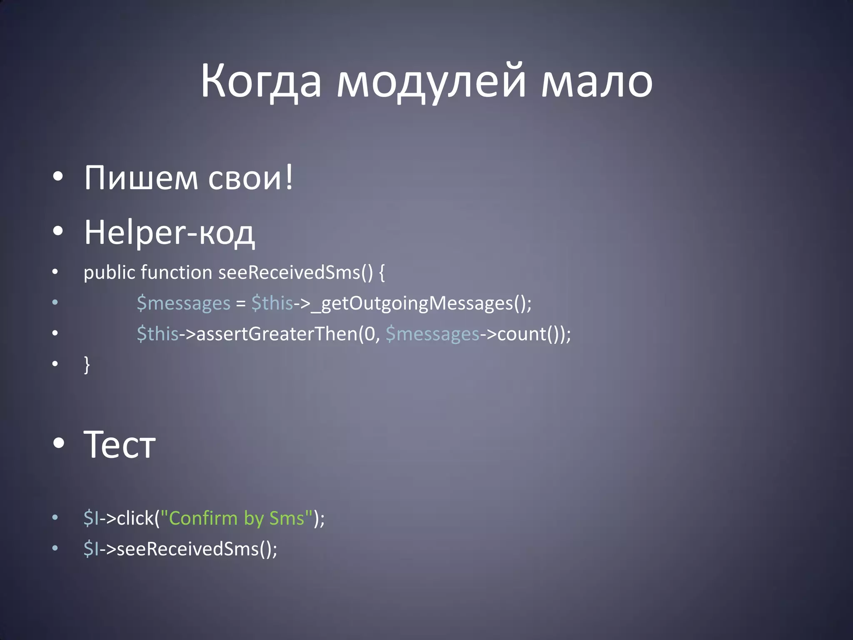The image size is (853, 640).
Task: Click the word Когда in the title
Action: pyautogui.click(x=261, y=81)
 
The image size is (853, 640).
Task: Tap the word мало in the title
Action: pyautogui.click(x=596, y=81)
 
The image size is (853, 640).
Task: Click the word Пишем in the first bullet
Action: pyautogui.click(x=141, y=178)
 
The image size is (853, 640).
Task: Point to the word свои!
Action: pyautogui.click(x=251, y=178)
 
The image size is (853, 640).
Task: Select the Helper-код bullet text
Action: pyautogui.click(x=169, y=232)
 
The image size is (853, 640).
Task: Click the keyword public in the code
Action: pyautogui.click(x=109, y=273)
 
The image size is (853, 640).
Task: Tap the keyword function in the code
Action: pyautogui.click(x=177, y=273)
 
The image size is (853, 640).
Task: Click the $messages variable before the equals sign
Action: pyautogui.click(x=183, y=303)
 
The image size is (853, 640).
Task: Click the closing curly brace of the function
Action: pyautogui.click(x=87, y=364)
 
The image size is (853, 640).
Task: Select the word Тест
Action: pyautogui.click(x=120, y=445)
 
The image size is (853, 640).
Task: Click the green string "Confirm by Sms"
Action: pyautogui.click(x=236, y=518)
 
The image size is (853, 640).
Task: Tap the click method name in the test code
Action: pyautogui.click(x=135, y=518)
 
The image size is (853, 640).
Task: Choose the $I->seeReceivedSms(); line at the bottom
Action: pyautogui.click(x=180, y=549)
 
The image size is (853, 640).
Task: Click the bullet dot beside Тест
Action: pyautogui.click(x=59, y=444)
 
